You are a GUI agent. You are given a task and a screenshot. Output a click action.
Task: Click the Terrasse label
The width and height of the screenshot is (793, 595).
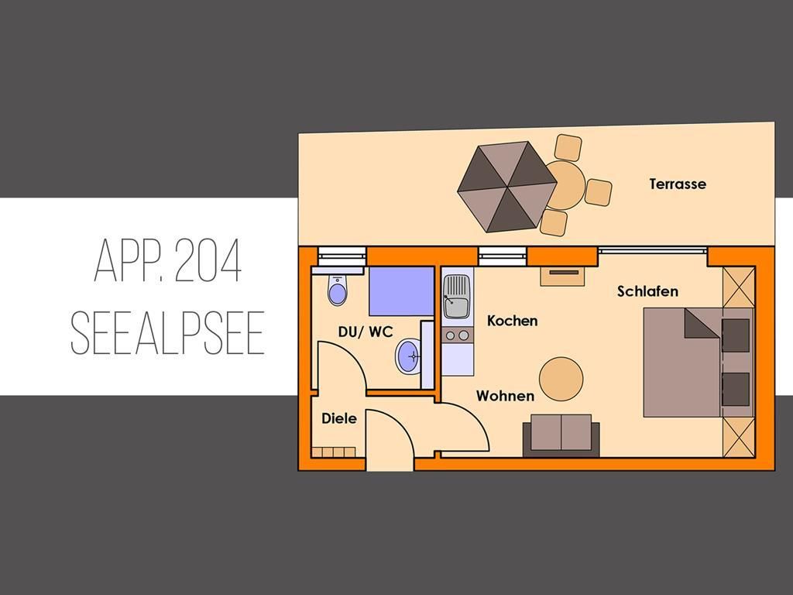(x=678, y=184)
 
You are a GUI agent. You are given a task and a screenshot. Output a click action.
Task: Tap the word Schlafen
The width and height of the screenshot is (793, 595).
(x=648, y=291)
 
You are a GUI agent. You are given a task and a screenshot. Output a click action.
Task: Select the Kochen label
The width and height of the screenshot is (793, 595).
(x=513, y=321)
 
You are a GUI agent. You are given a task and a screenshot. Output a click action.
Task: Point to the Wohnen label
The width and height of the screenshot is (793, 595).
(x=505, y=396)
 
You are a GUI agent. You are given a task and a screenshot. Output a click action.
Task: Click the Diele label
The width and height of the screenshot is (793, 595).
(x=339, y=418)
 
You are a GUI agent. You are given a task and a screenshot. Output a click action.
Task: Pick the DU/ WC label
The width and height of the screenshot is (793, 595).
(x=366, y=332)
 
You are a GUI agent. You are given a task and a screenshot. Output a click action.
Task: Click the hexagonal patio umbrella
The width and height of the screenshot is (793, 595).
(x=506, y=187)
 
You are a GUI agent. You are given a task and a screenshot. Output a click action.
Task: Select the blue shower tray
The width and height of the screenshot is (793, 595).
(x=402, y=291)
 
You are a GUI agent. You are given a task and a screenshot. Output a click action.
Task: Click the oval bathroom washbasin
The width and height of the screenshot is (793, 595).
(x=407, y=356)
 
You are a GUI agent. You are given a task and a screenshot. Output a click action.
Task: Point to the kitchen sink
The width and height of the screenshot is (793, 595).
(x=457, y=297)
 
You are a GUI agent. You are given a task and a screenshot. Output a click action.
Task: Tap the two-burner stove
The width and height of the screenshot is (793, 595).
(x=457, y=335)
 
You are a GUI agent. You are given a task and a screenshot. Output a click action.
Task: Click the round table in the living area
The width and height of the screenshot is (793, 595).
(x=561, y=379)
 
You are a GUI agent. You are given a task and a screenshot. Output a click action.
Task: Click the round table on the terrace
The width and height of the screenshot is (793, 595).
(x=566, y=186)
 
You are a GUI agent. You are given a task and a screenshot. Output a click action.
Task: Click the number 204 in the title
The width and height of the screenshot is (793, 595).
(x=208, y=261)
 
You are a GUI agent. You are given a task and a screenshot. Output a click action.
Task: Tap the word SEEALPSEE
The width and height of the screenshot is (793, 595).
(x=167, y=333)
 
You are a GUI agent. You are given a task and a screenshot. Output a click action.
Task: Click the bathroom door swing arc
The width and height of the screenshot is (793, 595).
(x=351, y=359)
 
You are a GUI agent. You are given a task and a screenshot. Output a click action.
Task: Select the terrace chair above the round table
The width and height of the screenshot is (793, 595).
(x=568, y=147)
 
